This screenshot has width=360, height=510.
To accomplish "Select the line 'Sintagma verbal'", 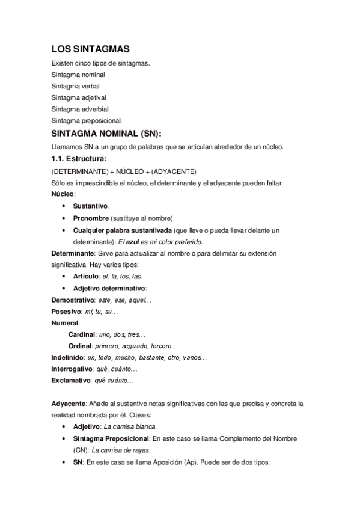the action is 75,86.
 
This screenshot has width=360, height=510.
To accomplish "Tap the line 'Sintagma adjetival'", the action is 79,97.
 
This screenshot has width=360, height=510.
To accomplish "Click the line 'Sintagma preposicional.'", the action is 87,120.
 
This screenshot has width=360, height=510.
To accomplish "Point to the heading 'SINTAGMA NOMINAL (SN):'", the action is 106,134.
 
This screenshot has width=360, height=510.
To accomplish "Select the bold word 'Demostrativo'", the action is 73,300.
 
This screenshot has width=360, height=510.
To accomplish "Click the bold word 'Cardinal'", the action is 82,334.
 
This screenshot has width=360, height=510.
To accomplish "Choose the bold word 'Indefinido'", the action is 67,357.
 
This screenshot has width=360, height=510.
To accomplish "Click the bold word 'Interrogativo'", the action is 72,369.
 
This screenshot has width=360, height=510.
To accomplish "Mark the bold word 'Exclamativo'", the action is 71,381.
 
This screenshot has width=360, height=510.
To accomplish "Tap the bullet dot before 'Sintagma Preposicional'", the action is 64,438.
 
